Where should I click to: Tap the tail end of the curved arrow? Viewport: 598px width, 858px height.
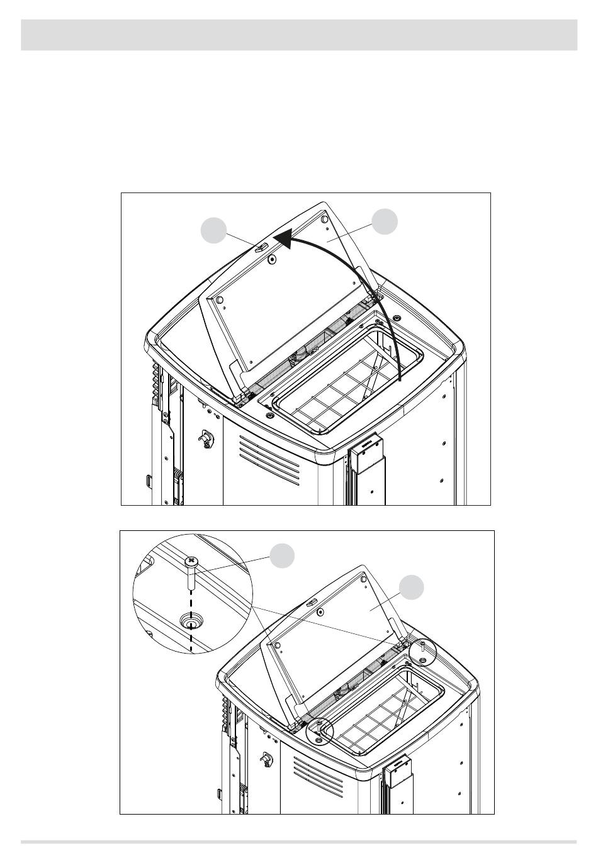[400, 380]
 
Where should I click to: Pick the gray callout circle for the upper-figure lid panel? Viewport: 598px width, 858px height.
[384, 222]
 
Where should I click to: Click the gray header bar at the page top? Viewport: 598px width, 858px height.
[299, 35]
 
